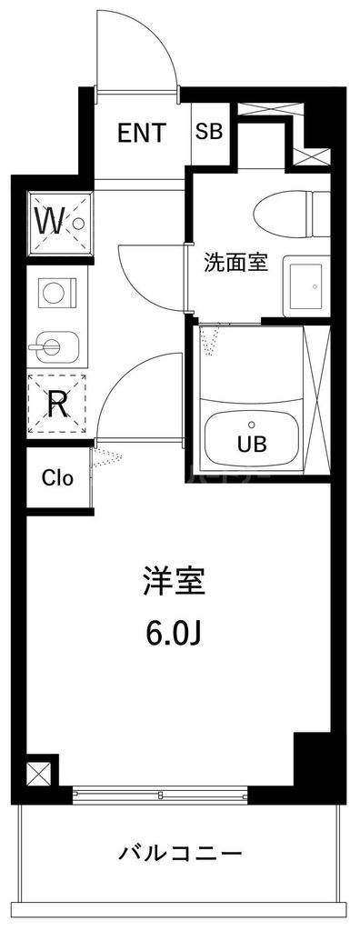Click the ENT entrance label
tap(142, 134)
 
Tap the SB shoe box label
tap(208, 132)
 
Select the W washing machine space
tap(58, 220)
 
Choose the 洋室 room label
tap(173, 582)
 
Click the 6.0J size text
tap(172, 632)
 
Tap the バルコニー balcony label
tap(181, 854)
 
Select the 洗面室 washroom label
tap(235, 263)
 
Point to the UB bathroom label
tap(252, 445)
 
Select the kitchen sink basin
tap(54, 345)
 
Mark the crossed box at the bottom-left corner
tap(40, 773)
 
